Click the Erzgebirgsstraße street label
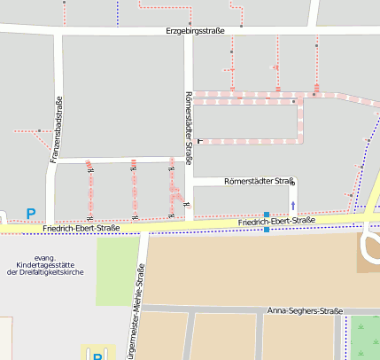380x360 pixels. (195, 31)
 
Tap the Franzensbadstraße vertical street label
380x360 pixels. (56, 128)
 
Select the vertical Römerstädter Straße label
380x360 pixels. (189, 127)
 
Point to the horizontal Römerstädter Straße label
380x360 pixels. (259, 181)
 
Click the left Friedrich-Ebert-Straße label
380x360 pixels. (81, 228)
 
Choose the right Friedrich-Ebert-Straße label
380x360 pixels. (276, 221)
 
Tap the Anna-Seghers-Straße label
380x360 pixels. (305, 311)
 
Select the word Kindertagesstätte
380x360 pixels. (44, 264)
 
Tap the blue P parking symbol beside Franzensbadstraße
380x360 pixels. (31, 214)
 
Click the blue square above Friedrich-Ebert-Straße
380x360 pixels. (267, 214)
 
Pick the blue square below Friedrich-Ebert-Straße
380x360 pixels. (267, 230)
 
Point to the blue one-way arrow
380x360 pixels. (293, 205)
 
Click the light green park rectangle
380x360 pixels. (118, 270)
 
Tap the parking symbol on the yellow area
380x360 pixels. (97, 355)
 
